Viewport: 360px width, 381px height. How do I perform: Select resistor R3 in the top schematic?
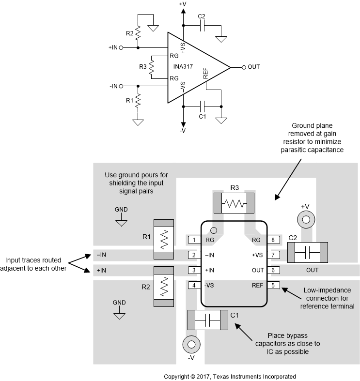click(151, 67)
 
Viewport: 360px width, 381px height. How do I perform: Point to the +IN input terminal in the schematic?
click(121, 47)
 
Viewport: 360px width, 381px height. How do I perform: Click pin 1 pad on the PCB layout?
click(194, 240)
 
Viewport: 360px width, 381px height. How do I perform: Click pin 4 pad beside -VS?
click(194, 285)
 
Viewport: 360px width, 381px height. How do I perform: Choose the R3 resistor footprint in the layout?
click(234, 202)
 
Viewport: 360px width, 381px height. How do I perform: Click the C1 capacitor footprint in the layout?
click(207, 320)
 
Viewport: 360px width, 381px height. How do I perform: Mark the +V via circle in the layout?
click(306, 220)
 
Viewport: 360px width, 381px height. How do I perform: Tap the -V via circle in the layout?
click(191, 345)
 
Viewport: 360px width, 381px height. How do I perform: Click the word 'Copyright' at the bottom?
click(178, 376)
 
